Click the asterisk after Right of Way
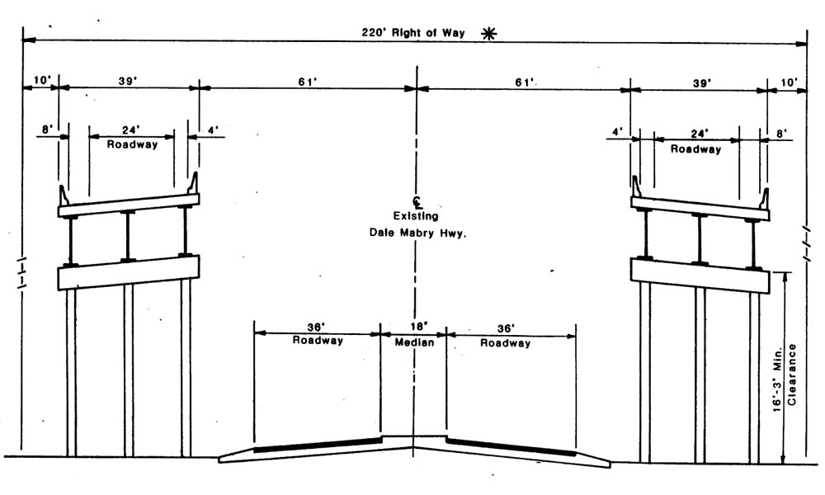(x=490, y=34)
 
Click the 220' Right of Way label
(x=412, y=34)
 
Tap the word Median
(x=413, y=342)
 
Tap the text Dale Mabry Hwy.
(x=417, y=232)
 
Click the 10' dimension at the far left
(x=42, y=81)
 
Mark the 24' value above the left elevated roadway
(x=131, y=130)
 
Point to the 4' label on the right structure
(x=617, y=132)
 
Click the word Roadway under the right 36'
(x=506, y=342)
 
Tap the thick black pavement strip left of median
(x=318, y=445)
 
